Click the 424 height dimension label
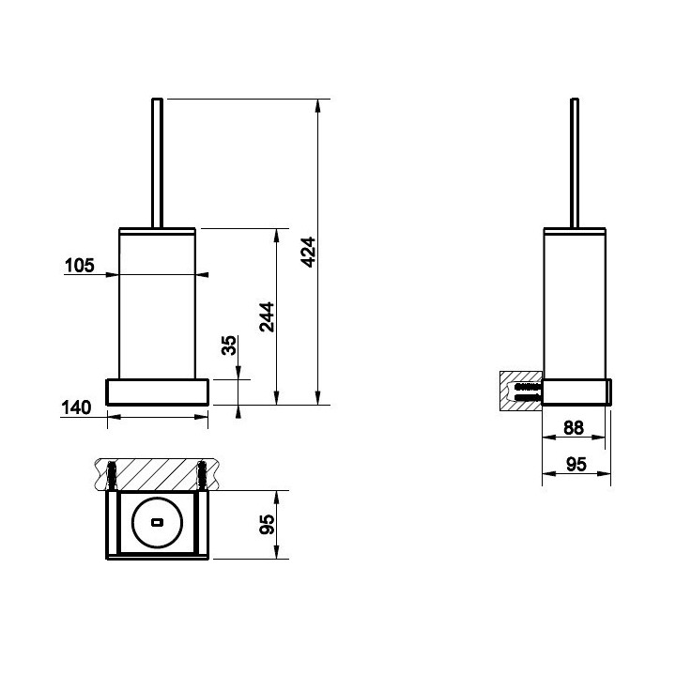coord(309,253)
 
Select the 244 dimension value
coord(267,317)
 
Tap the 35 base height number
coord(229,346)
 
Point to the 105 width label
coord(79,266)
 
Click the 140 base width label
coord(76,407)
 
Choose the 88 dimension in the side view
coord(574,428)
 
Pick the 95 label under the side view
coord(576,465)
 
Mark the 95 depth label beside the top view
coord(268,525)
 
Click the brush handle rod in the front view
coord(158,163)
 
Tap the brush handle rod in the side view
coord(575,163)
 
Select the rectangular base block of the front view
coord(158,392)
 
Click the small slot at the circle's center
coord(158,523)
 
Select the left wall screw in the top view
coord(112,475)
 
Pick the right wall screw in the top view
coord(202,475)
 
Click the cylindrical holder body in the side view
coord(575,303)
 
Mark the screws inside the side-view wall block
coord(528,391)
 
